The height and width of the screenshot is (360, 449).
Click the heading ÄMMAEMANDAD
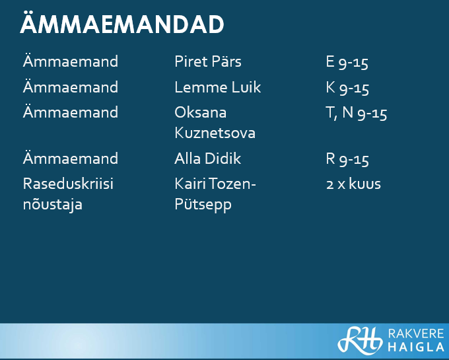pyautogui.click(x=121, y=23)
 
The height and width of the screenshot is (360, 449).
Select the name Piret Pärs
pyautogui.click(x=208, y=61)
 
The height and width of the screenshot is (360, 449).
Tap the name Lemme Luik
pyautogui.click(x=218, y=87)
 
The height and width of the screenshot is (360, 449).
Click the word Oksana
pyautogui.click(x=201, y=112)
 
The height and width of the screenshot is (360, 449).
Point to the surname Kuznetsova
pyautogui.click(x=215, y=133)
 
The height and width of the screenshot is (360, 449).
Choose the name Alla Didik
pyautogui.click(x=207, y=159)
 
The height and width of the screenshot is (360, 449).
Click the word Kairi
pyautogui.click(x=190, y=184)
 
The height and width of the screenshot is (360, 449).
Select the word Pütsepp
pyautogui.click(x=203, y=205)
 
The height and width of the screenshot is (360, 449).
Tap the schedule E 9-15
pyautogui.click(x=347, y=62)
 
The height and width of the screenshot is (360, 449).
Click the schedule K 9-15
pyautogui.click(x=347, y=88)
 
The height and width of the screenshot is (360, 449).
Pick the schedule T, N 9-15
pyautogui.click(x=356, y=113)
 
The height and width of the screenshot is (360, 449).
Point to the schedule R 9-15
pyautogui.click(x=347, y=159)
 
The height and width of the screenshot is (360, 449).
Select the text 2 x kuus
pyautogui.click(x=353, y=184)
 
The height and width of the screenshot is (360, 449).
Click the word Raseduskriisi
pyautogui.click(x=68, y=184)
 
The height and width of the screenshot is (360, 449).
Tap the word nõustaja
pyautogui.click(x=53, y=205)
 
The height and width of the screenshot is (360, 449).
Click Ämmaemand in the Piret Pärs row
pyautogui.click(x=71, y=61)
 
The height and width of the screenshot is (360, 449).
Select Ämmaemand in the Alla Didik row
pyautogui.click(x=71, y=158)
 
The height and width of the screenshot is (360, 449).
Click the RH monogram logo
pyautogui.click(x=360, y=340)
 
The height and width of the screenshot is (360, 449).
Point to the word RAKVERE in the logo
pyautogui.click(x=416, y=334)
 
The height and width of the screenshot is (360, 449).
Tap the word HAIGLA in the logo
pyautogui.click(x=416, y=347)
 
